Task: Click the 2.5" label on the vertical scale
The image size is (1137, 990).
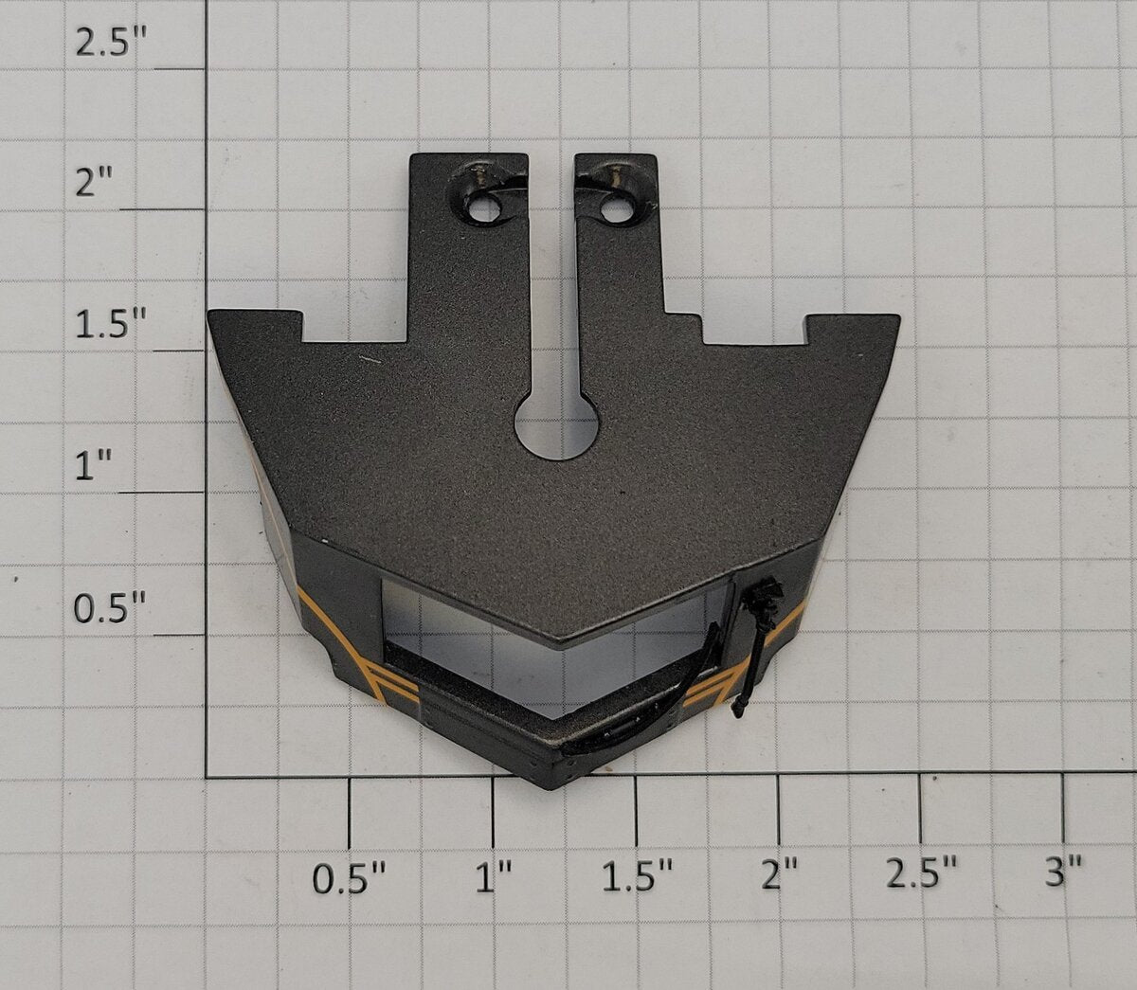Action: tap(111, 44)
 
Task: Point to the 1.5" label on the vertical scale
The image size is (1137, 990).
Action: tap(111, 324)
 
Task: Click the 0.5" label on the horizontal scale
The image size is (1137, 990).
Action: tap(349, 876)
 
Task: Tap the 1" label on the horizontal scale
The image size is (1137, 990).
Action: tap(494, 876)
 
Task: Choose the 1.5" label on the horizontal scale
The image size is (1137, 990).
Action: tap(637, 876)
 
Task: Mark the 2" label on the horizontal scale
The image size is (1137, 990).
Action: tap(780, 876)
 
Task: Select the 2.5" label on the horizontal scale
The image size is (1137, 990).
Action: tap(922, 876)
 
